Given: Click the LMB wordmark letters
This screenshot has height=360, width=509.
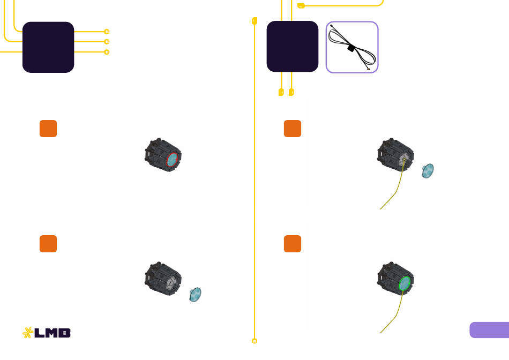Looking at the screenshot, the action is (53, 333).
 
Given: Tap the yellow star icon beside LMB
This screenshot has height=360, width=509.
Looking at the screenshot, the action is (27, 333).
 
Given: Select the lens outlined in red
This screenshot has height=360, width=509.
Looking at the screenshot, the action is (172, 160).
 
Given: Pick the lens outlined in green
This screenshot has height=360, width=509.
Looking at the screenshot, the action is (405, 283).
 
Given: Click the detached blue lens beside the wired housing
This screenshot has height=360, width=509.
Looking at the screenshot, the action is (428, 171).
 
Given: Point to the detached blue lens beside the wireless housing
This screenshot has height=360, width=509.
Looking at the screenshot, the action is (195, 295).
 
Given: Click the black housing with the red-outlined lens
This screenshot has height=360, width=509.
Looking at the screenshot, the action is (163, 155).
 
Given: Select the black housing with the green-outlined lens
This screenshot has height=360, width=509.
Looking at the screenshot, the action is (395, 279).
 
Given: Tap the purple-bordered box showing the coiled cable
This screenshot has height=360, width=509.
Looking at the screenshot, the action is (352, 47).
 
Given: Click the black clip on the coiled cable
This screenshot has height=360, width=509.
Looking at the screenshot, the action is (351, 48).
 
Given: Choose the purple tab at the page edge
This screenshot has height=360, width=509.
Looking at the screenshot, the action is (489, 330).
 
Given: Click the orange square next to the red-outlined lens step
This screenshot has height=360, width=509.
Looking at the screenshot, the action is (48, 129).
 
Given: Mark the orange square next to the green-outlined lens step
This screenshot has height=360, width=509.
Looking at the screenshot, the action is (293, 244).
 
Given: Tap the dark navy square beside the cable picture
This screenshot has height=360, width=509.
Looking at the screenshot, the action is (293, 47).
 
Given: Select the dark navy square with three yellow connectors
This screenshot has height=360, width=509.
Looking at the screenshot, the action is (48, 47).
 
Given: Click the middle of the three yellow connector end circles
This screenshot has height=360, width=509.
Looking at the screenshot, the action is (107, 42).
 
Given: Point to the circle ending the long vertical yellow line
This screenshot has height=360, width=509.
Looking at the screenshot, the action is (254, 341).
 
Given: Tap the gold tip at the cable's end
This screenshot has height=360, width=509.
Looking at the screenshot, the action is (369, 69).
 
